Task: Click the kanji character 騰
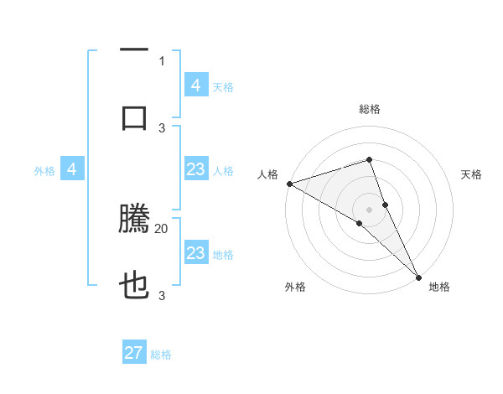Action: (x=135, y=220)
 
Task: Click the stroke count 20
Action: (x=162, y=228)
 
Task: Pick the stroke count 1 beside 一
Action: (x=162, y=60)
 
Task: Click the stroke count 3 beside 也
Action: (x=162, y=295)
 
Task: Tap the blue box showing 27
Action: (x=134, y=353)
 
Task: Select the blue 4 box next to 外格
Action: (x=72, y=169)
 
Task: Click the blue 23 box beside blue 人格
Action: (x=195, y=169)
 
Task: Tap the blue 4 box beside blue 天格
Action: (x=195, y=86)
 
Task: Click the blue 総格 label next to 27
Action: (x=161, y=355)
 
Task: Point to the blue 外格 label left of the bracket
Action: (x=44, y=171)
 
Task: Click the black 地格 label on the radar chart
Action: (x=439, y=287)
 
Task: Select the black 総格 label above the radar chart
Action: (x=369, y=109)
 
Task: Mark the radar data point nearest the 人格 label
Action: (x=288, y=184)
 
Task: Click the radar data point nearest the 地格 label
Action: (x=418, y=276)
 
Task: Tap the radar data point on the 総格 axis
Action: (x=369, y=159)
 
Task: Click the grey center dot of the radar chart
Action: (x=369, y=209)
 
